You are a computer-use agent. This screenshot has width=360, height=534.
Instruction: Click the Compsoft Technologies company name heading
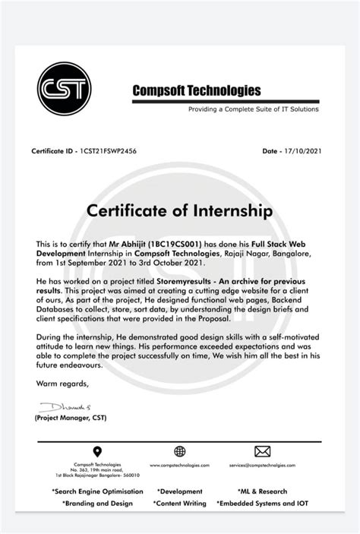(x=197, y=91)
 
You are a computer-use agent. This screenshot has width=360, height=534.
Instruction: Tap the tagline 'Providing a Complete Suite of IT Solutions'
(x=254, y=109)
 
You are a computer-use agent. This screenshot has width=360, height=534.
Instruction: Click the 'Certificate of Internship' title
(x=179, y=209)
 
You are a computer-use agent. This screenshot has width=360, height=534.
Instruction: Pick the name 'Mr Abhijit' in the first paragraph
(x=131, y=244)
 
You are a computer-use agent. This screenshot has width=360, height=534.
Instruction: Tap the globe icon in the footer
(x=179, y=452)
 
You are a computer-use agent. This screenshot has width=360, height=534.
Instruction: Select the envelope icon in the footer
(x=262, y=452)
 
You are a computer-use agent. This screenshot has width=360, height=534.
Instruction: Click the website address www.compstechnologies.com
(x=179, y=465)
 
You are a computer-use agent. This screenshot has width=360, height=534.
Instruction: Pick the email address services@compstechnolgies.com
(x=263, y=465)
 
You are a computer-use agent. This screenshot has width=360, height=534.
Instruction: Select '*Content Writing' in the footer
(x=179, y=503)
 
